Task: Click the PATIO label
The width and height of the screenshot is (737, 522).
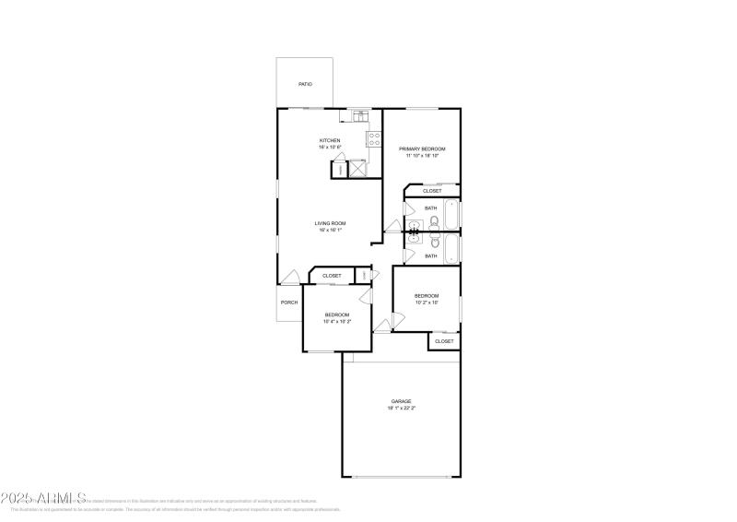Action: (305, 85)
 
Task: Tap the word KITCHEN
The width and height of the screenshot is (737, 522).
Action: (330, 141)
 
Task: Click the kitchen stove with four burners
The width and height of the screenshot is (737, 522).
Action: (374, 139)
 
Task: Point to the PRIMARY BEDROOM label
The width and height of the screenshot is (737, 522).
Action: (422, 148)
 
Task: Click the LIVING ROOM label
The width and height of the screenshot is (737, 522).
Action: (330, 223)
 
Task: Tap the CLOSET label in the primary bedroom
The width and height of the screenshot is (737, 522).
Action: (445, 191)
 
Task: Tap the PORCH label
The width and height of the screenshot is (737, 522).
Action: (289, 303)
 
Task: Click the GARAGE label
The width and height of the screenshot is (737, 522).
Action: (401, 402)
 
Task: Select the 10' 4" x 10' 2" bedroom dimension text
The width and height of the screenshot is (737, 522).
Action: (337, 322)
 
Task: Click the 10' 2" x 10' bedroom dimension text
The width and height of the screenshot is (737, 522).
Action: (427, 303)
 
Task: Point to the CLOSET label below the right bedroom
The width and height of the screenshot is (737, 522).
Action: (444, 341)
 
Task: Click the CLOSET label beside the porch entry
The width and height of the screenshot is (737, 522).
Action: (332, 276)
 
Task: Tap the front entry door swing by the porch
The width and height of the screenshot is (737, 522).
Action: (290, 278)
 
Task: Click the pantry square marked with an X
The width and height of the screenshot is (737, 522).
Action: (355, 169)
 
